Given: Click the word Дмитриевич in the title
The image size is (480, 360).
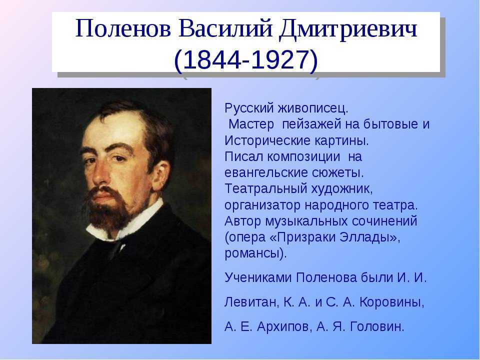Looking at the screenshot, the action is point(348,29).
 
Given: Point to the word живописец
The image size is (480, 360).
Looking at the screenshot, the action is point(313,108).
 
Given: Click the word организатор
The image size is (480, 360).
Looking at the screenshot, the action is point(262,205).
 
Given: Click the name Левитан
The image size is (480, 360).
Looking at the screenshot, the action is point(251,302).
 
